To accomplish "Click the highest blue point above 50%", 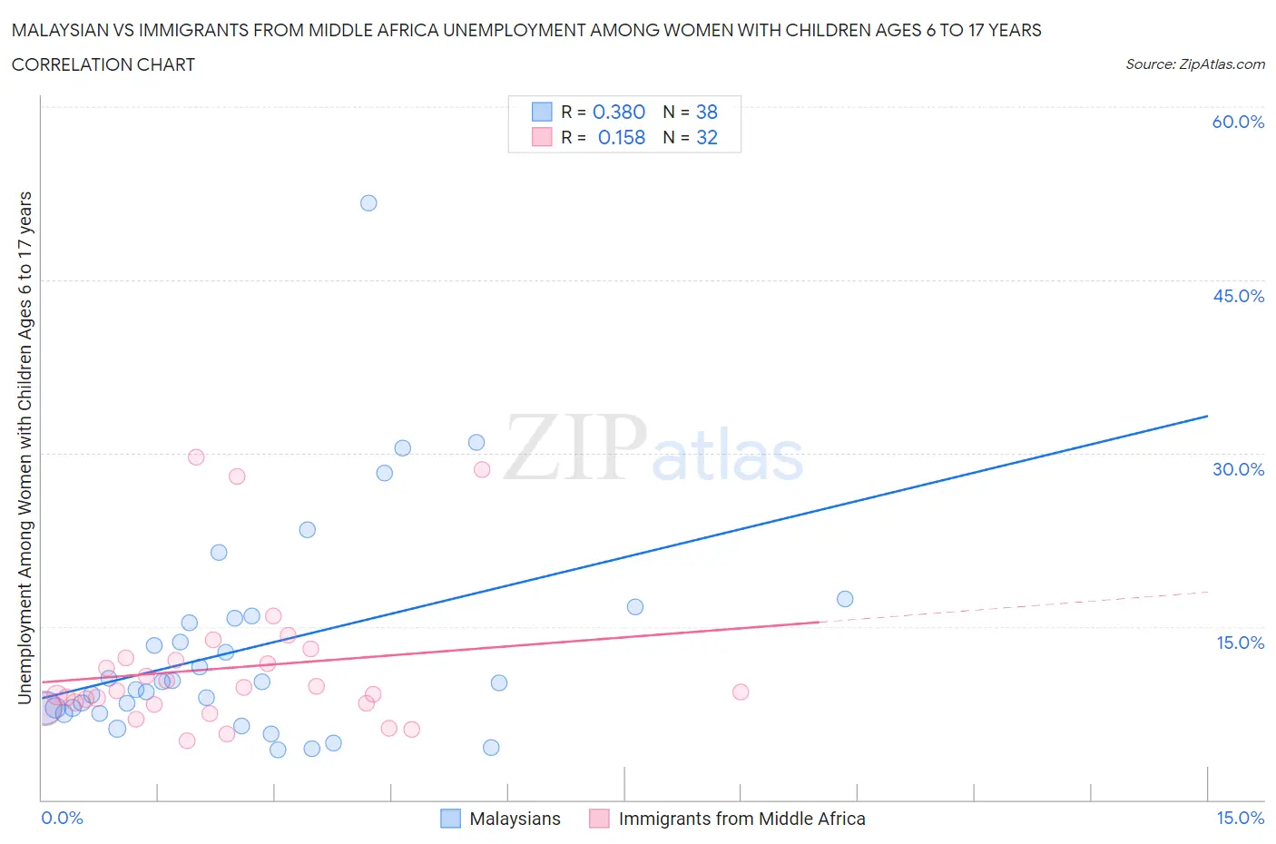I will (x=368, y=203).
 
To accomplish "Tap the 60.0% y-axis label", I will (x=1238, y=122).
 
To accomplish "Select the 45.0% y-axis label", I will (x=1238, y=296).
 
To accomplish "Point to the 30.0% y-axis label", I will (x=1238, y=469).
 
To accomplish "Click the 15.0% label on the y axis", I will (x=1240, y=643).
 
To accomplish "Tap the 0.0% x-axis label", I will (x=62, y=818).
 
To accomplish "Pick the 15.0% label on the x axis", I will (x=1240, y=818).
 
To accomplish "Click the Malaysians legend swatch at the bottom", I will (x=450, y=819).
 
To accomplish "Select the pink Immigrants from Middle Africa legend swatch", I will (x=599, y=819).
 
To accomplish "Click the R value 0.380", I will (x=618, y=112).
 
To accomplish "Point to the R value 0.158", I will (x=621, y=137).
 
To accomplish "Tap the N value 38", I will (x=706, y=112).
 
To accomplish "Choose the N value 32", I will (x=706, y=137).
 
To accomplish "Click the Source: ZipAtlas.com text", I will (x=1194, y=64).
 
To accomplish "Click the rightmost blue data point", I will (x=845, y=599).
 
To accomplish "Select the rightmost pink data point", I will (x=741, y=692).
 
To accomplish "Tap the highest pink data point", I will (x=196, y=457).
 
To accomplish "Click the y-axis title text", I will (x=25, y=447).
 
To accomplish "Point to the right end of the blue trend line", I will (x=1208, y=416).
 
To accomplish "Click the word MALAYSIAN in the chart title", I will (x=64, y=30).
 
